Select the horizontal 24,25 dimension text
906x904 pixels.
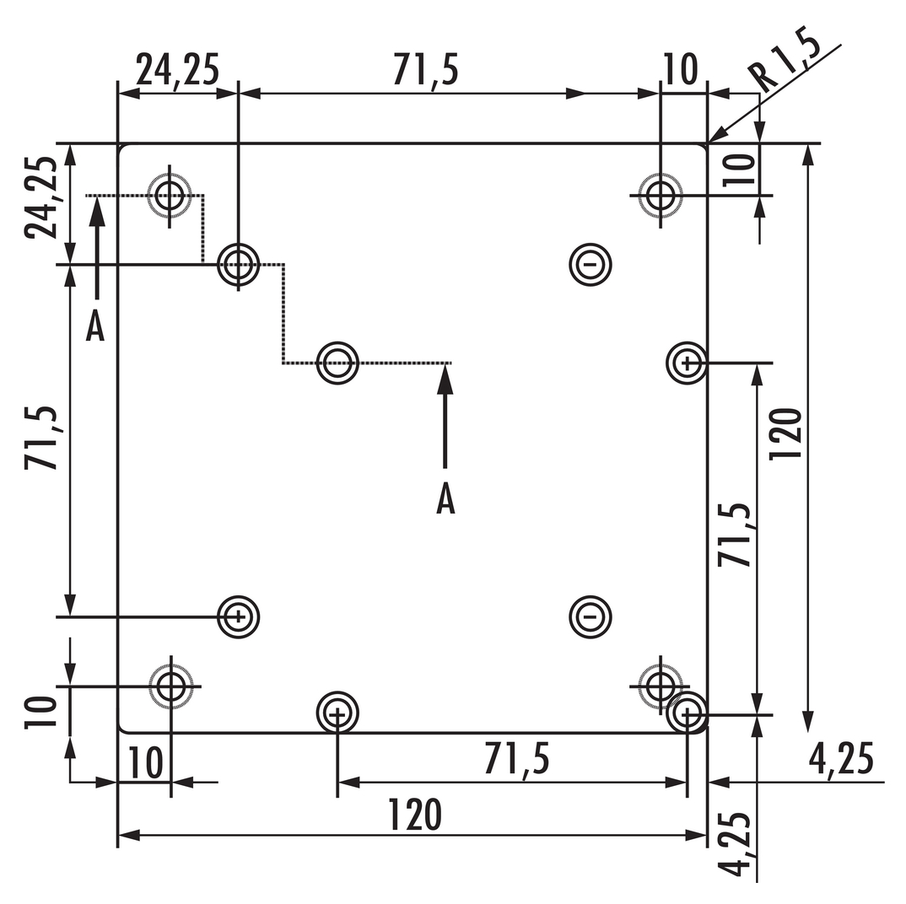(x=177, y=71)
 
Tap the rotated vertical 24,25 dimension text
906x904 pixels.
(x=41, y=197)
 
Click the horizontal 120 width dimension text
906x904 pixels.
(x=415, y=815)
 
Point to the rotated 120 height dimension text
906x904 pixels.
(x=786, y=433)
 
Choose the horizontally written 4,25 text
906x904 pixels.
(x=841, y=759)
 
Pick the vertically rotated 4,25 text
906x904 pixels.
(x=735, y=844)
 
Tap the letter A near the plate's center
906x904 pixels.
(x=445, y=498)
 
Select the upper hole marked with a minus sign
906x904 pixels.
(x=590, y=265)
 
